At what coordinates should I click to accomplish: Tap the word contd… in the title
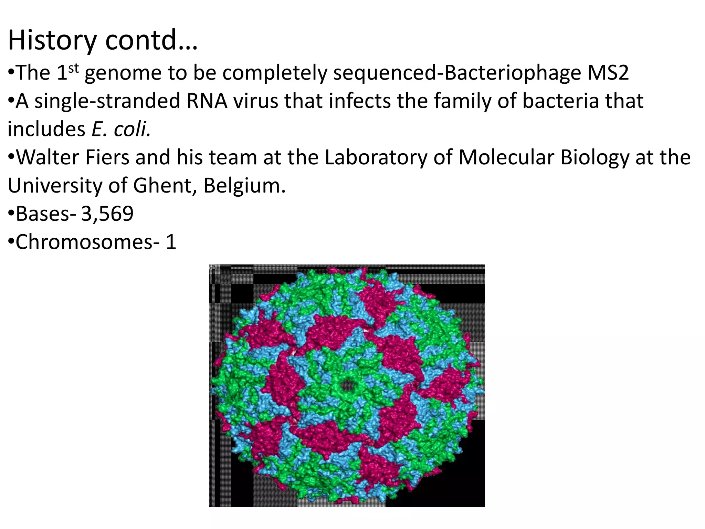click(151, 40)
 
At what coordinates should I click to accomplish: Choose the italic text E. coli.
click(121, 129)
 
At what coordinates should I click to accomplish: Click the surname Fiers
click(107, 157)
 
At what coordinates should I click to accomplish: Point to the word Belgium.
click(244, 186)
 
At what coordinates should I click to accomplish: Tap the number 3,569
click(107, 214)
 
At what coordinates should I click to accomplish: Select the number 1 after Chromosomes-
click(171, 242)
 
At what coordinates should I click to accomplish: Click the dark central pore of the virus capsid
click(347, 386)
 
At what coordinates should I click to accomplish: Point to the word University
click(55, 186)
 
